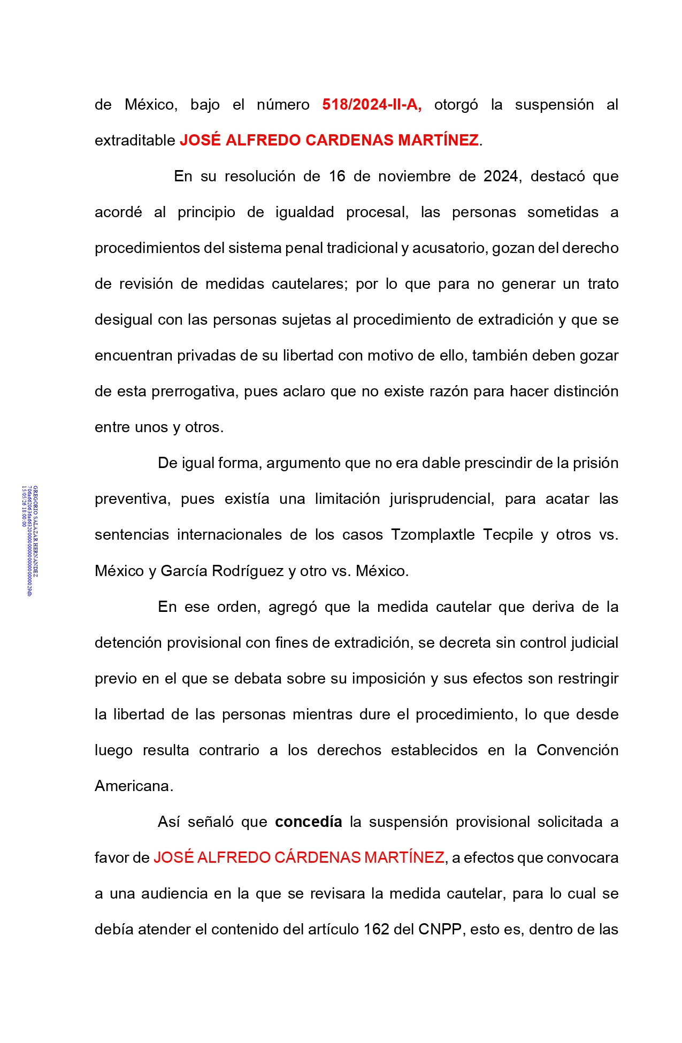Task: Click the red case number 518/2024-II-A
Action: point(372,104)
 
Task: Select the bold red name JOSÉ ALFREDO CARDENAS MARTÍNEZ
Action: point(329,140)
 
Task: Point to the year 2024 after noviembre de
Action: point(501,176)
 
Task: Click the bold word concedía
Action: point(308,822)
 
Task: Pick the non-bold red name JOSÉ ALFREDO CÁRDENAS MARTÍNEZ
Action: point(298,857)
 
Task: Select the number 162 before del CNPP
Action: point(377,929)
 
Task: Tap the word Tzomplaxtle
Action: point(433,534)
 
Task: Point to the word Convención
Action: point(577,750)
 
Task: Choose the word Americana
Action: point(133,786)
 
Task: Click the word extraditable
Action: point(135,140)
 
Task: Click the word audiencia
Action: point(174,893)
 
